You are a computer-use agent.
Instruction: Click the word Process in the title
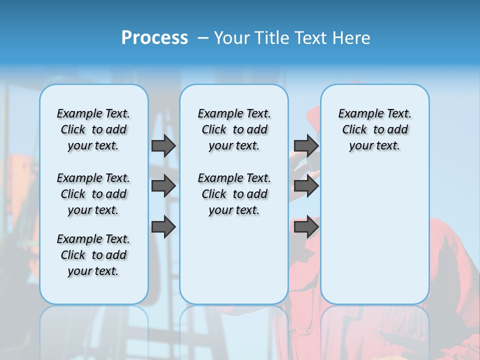(x=154, y=38)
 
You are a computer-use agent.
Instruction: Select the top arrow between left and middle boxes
(x=163, y=145)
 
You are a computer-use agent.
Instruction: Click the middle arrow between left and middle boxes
(x=163, y=186)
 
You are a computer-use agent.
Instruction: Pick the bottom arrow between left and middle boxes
(x=163, y=227)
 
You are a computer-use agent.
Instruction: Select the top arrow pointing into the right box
(x=306, y=145)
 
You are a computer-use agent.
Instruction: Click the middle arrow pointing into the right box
(x=306, y=186)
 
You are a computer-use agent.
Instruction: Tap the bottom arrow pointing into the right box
(x=306, y=227)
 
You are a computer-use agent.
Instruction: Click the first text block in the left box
(x=93, y=129)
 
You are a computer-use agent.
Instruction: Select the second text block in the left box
(x=93, y=194)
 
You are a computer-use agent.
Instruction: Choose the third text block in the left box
(x=93, y=255)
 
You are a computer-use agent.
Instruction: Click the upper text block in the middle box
(x=234, y=129)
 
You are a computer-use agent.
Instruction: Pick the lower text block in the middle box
(x=234, y=194)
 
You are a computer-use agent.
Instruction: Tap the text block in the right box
(x=374, y=129)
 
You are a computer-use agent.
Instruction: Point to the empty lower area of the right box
(x=374, y=240)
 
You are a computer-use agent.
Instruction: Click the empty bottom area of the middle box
(x=234, y=265)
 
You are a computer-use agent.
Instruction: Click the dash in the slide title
(x=203, y=38)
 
